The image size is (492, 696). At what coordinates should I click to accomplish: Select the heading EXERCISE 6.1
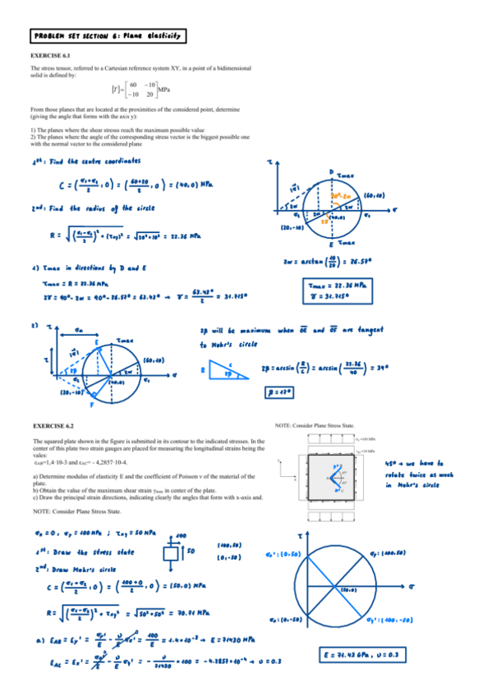50,56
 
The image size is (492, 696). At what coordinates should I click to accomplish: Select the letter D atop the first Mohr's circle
331,171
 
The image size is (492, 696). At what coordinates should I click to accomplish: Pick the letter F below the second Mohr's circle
92,405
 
